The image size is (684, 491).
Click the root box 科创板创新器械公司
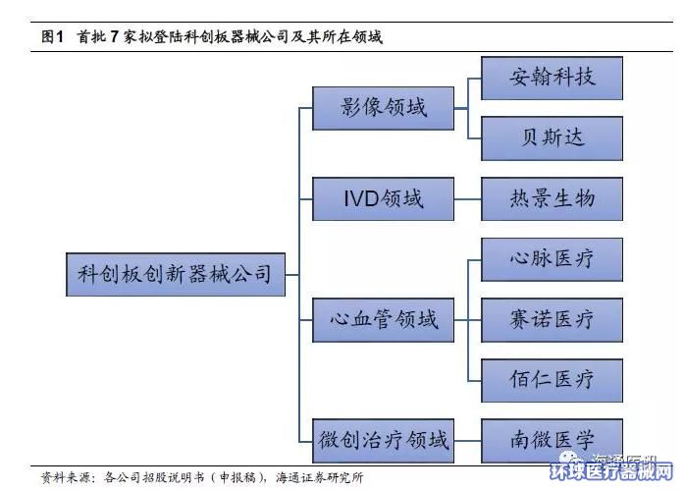coord(175,273)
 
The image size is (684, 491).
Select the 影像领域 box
coord(384,108)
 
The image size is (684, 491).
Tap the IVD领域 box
coord(384,198)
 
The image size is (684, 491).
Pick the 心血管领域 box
coord(384,319)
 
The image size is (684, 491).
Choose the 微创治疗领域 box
coord(384,439)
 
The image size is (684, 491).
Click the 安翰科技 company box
coord(552,78)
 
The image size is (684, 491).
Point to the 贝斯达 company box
coord(552,136)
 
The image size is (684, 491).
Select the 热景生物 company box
coord(552,198)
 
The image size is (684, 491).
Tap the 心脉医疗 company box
coord(552,259)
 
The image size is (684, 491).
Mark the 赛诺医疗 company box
coord(552,319)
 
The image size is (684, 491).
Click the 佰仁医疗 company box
coord(552,378)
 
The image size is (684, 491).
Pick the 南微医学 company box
coord(552,439)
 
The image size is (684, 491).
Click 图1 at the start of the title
coord(52,37)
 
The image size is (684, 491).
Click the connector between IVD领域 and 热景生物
coord(468,198)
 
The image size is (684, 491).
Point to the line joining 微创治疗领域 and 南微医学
coord(468,439)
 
